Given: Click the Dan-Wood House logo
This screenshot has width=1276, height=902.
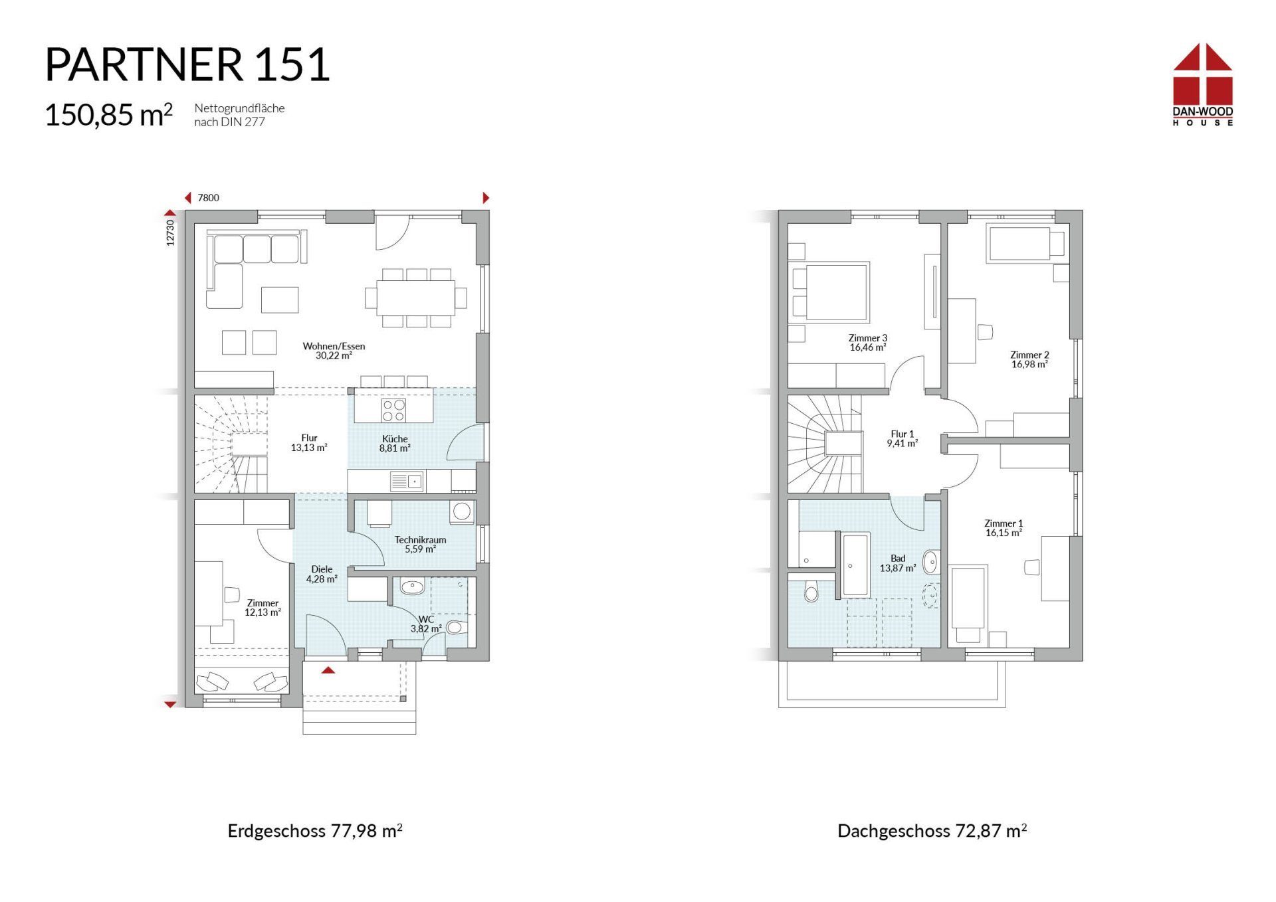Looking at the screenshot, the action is (1202, 84).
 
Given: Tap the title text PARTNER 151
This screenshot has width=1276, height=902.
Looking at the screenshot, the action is (187, 64).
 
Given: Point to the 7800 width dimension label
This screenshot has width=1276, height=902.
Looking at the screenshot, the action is (208, 198).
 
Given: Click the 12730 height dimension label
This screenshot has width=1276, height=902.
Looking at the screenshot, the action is (170, 233).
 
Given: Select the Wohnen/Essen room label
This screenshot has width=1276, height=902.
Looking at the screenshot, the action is (334, 351).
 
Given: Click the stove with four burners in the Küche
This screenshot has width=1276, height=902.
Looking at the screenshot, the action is (393, 410).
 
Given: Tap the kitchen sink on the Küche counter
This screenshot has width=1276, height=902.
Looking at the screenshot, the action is (406, 481).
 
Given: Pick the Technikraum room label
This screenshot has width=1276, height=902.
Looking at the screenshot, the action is (420, 545).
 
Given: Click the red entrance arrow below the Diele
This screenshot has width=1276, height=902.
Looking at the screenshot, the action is (328, 670).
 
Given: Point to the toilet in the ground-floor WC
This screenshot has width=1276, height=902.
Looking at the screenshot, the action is (457, 627).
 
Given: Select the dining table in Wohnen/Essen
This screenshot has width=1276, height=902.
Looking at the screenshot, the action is (416, 298).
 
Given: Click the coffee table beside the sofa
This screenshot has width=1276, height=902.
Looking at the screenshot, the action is (280, 300).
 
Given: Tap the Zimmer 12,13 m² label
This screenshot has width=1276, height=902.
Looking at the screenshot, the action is (263, 608).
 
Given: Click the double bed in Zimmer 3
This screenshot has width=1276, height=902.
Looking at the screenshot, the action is (829, 292).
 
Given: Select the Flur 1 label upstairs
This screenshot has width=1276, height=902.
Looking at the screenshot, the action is (903, 438).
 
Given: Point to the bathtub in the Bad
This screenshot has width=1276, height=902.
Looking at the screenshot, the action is (856, 565).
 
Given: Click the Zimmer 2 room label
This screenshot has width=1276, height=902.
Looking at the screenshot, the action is (1029, 359).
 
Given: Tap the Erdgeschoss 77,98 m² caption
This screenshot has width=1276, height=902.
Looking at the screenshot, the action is (315, 831).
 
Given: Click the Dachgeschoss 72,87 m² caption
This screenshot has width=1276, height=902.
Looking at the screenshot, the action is (932, 831).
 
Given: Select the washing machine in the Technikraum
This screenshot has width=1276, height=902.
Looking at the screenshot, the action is (462, 511).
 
